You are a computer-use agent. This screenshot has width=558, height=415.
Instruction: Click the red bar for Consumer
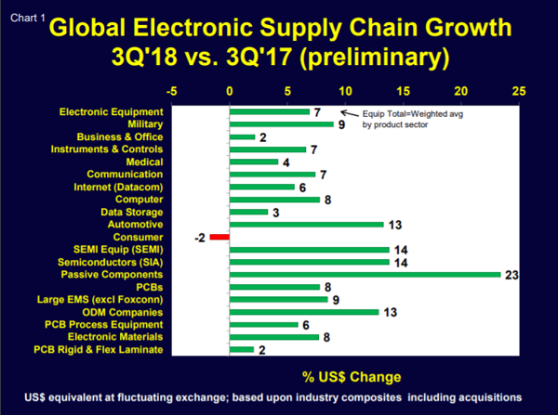pyautogui.click(x=219, y=237)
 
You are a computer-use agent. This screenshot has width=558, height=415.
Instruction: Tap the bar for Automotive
pyautogui.click(x=306, y=224)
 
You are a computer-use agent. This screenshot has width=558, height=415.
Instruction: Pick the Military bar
pyautogui.click(x=281, y=123)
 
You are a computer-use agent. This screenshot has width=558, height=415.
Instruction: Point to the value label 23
pyautogui.click(x=511, y=275)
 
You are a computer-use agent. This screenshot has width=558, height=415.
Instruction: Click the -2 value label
pyautogui.click(x=200, y=238)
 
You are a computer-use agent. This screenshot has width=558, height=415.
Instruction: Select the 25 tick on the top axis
pyautogui.click(x=518, y=92)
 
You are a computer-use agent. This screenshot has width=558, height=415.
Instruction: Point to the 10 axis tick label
pyautogui.click(x=345, y=92)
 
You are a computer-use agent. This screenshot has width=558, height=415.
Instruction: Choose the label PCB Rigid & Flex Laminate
pyautogui.click(x=99, y=350)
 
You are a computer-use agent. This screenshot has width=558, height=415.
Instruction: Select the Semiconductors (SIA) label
pyautogui.click(x=116, y=262)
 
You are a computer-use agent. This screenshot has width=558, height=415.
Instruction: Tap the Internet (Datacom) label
pyautogui.click(x=119, y=187)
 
